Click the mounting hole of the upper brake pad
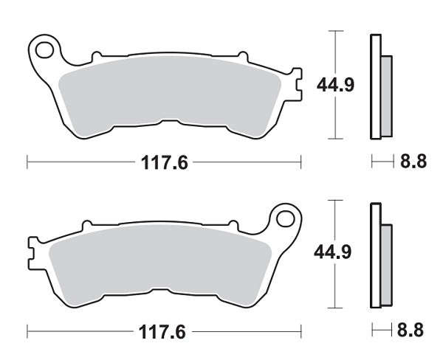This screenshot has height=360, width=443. pos(44,50)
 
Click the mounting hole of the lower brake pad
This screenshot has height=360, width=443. pos(286,219)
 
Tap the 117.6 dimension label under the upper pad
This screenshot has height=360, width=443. pos(165,162)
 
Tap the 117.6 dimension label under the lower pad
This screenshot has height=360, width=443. pos(162,332)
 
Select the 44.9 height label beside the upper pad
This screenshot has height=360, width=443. pos(335,85)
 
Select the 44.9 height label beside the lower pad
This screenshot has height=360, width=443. pos(333,252)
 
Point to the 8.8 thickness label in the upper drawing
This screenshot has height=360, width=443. pos(413,162)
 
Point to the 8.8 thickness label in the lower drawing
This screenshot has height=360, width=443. pos(411,330)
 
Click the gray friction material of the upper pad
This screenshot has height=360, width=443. pos(170,93)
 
